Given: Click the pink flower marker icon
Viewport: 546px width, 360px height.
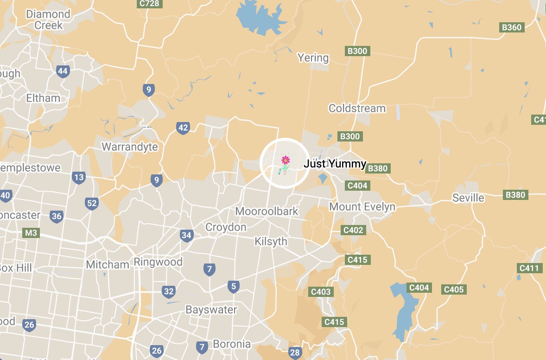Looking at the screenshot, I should [x=285, y=161].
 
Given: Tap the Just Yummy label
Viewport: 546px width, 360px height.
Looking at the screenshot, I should [x=335, y=164].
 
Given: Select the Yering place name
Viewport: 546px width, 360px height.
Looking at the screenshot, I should [x=313, y=58].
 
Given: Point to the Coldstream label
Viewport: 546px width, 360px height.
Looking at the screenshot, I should [x=357, y=109].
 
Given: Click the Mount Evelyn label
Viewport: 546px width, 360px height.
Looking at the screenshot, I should [x=362, y=206].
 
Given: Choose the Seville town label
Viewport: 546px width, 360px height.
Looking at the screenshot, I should [x=468, y=198].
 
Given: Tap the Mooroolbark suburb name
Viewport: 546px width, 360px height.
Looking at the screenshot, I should [x=267, y=212].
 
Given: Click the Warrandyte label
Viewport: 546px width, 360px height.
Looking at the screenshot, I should [x=129, y=147].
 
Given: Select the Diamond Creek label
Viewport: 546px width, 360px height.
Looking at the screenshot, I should [x=48, y=19].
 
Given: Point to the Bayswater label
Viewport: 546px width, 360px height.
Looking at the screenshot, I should [x=211, y=309].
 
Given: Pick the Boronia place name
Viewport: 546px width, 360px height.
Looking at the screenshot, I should [x=231, y=344].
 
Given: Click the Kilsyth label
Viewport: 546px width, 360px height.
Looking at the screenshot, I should [x=271, y=242].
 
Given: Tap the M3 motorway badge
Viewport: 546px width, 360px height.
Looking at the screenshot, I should [x=31, y=233].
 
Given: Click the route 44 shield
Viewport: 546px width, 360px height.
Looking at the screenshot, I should [x=63, y=71].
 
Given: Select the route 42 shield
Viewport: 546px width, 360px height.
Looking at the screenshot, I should [x=183, y=128].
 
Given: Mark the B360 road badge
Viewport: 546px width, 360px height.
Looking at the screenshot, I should [x=512, y=27].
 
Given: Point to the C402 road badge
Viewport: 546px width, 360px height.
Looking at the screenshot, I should [x=353, y=230].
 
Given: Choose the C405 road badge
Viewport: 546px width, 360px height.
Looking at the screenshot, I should [x=453, y=289].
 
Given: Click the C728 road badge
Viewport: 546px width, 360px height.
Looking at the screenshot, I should [x=149, y=4].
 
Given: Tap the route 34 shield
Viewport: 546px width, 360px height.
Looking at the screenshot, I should [x=186, y=235].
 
